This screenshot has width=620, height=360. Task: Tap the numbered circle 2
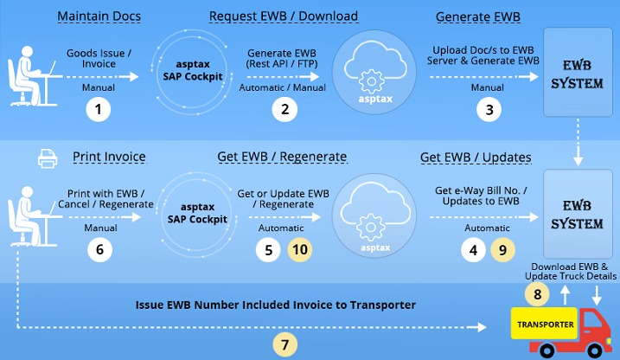pos(283,110)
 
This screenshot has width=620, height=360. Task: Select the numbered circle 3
pos(489,110)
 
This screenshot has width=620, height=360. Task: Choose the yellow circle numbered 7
pos(286,344)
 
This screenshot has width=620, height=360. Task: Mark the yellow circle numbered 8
pos(538,294)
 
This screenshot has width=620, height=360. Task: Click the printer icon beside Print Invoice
pos(48,158)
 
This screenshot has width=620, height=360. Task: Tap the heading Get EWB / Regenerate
pos(281,157)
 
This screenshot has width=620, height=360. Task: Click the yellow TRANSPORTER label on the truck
pos(545,325)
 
